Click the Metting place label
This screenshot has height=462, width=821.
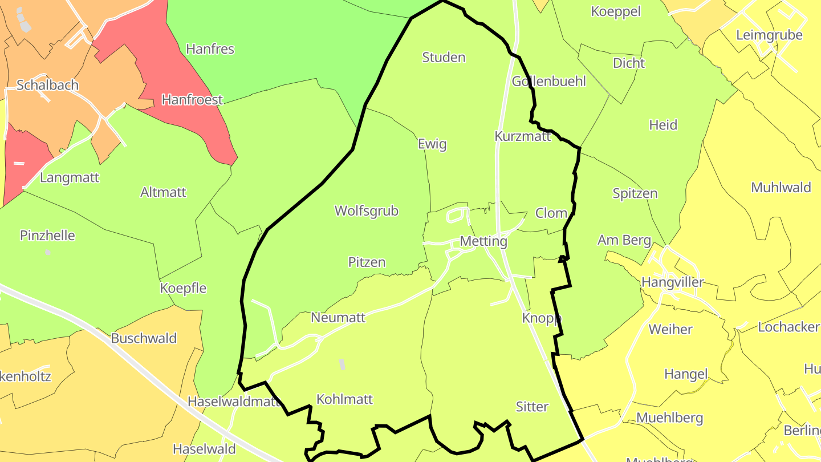coord(483,241)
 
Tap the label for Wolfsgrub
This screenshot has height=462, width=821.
coord(366,211)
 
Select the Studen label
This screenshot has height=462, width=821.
coord(444,58)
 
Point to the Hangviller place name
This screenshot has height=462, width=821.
coord(672,282)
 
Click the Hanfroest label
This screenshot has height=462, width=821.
coord(192,100)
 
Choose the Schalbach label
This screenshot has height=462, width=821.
coord(47,86)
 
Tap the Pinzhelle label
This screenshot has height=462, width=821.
coord(47,236)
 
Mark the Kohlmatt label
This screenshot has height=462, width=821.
coord(344,399)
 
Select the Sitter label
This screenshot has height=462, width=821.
coord(532,407)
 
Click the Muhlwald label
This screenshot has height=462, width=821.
coord(781,188)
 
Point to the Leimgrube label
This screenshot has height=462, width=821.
coord(769,35)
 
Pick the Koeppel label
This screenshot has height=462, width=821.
coord(616,11)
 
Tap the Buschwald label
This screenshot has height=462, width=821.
coord(144,338)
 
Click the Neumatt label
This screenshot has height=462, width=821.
coord(338,318)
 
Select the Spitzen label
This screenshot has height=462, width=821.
coord(635,193)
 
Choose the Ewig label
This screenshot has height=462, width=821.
coord(432,144)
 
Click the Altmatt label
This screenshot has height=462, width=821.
coord(163,192)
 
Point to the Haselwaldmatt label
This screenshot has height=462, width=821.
coord(234,401)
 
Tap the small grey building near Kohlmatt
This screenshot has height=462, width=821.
coord(342,364)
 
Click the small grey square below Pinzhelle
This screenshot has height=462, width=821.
coord(48,252)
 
